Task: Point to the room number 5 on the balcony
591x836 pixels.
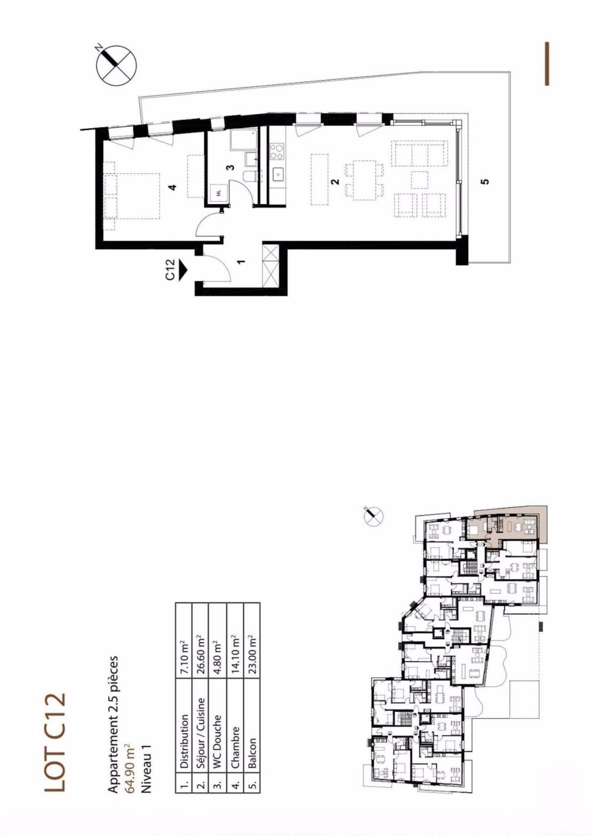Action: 485,182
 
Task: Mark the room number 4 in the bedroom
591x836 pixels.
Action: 172,187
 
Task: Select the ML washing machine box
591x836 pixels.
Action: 218,193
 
